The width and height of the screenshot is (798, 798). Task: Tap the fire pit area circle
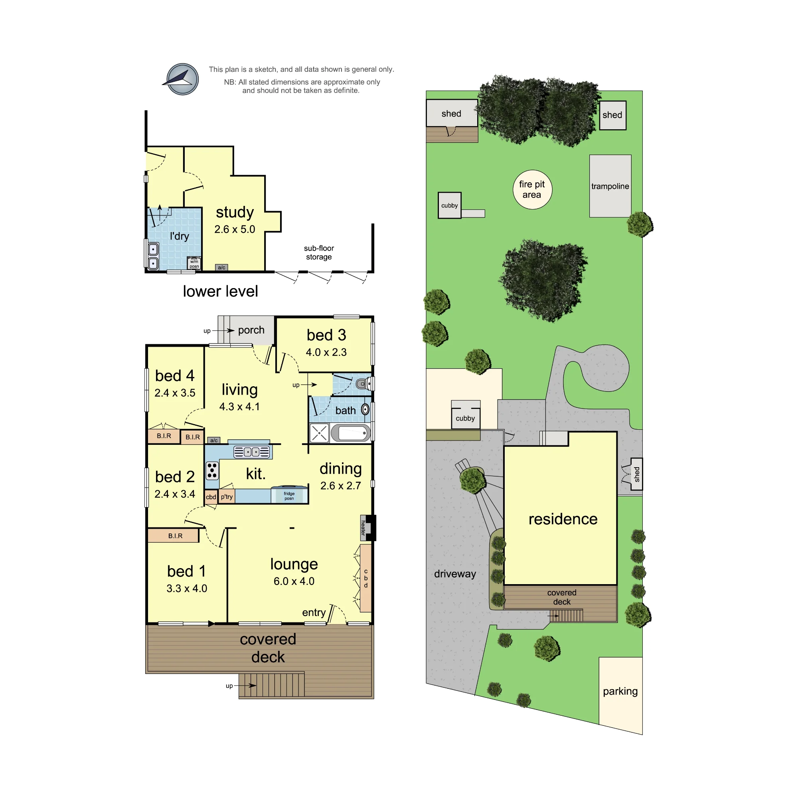click(532, 190)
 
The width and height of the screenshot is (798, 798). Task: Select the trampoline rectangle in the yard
click(610, 186)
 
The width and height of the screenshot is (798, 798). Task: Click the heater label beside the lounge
click(363, 527)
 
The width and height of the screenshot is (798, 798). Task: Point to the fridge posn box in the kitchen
click(289, 495)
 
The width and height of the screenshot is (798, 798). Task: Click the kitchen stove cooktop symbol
click(212, 470)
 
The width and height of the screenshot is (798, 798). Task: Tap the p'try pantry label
click(227, 496)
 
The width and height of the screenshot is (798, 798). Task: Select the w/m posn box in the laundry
click(194, 263)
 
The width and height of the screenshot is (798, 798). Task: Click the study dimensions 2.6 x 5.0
click(235, 229)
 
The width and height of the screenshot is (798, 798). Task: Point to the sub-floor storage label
click(319, 253)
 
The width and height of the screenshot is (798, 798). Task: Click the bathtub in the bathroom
click(351, 433)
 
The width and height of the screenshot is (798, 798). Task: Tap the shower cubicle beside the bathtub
click(319, 433)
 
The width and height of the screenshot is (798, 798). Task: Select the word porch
click(251, 330)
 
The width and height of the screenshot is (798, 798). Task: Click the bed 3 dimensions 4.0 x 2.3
click(326, 352)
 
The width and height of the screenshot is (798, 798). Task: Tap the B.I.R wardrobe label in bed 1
click(175, 536)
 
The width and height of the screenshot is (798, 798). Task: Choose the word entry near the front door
click(314, 612)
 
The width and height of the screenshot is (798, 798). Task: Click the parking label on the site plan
click(620, 691)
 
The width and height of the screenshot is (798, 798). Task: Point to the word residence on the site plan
click(563, 519)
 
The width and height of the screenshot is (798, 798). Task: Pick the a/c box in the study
click(222, 268)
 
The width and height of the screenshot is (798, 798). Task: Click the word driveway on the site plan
click(455, 574)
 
